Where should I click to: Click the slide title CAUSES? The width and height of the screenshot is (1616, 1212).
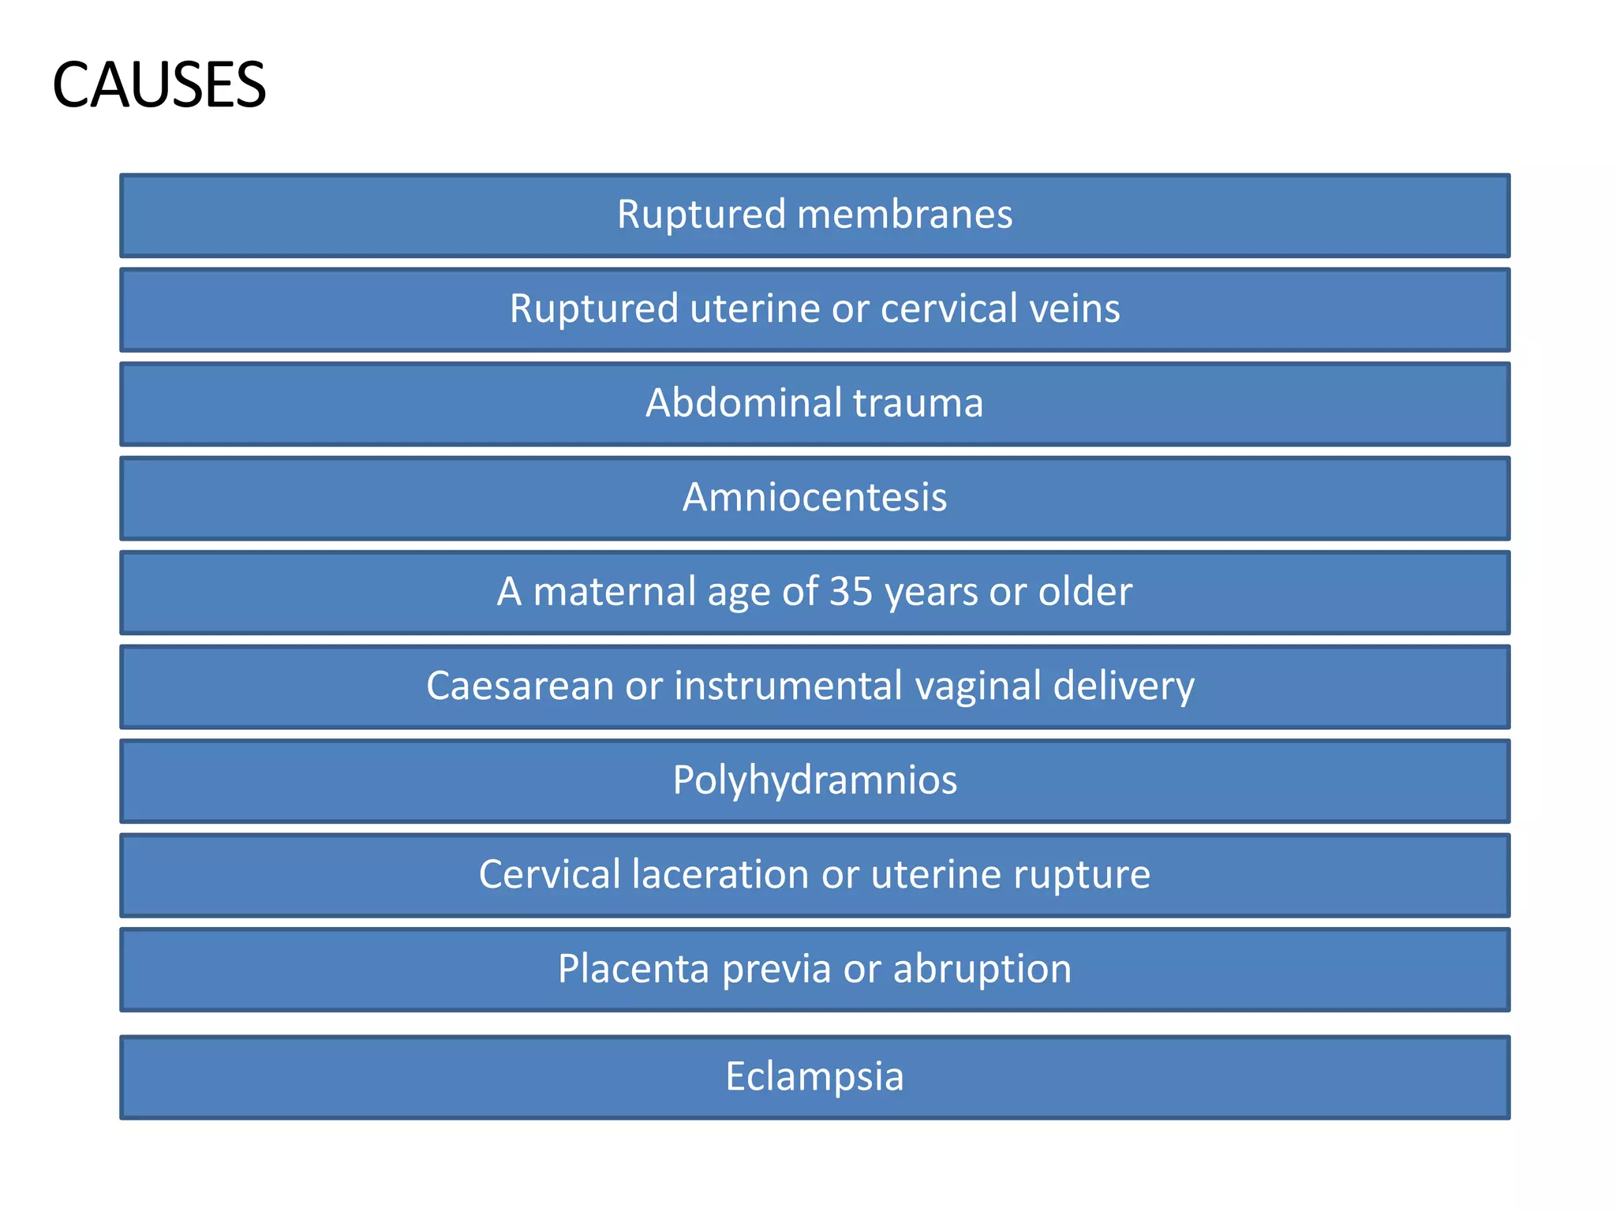click(159, 85)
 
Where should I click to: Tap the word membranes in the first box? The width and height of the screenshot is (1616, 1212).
click(904, 215)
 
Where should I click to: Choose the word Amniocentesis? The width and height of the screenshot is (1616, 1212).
click(814, 497)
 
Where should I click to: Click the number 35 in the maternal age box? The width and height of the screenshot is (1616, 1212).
click(851, 591)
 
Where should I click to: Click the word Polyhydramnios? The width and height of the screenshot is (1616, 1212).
click(814, 780)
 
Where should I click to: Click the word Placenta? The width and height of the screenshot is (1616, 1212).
click(634, 969)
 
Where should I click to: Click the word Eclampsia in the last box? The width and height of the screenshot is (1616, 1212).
click(814, 1076)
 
